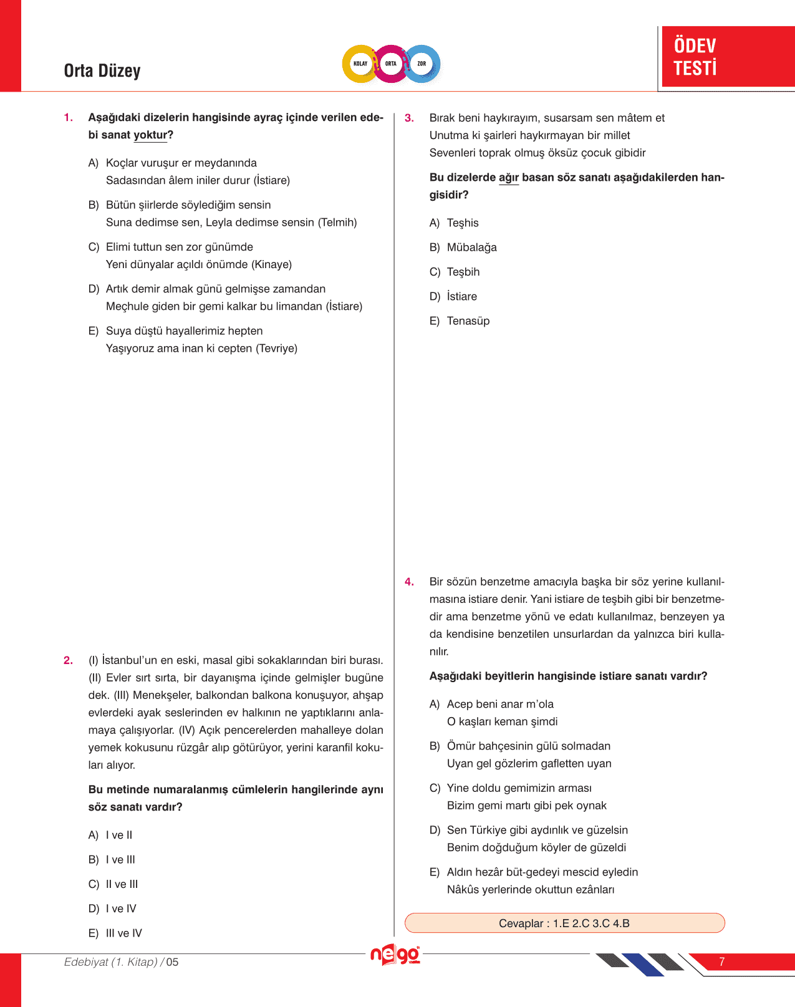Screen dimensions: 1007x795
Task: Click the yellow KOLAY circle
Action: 360,64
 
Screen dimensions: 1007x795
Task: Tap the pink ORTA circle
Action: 391,64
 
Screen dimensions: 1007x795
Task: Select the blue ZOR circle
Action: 422,64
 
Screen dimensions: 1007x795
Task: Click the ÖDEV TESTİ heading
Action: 695,56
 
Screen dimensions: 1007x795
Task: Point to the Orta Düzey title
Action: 102,71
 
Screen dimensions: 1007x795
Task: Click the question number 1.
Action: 69,117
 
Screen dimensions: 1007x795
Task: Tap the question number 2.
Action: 69,660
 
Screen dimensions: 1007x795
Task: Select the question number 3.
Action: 409,118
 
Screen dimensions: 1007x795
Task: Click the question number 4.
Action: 409,582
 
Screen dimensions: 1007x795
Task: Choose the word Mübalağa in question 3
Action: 471,248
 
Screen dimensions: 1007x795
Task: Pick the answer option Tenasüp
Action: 468,321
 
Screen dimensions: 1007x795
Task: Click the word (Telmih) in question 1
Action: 337,223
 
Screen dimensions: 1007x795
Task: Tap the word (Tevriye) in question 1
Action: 276,349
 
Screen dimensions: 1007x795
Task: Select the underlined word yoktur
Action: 150,135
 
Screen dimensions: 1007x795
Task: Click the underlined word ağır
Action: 509,178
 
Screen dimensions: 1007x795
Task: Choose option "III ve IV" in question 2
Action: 123,933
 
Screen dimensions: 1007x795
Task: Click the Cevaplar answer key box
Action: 564,923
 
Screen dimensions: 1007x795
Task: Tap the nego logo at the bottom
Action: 395,955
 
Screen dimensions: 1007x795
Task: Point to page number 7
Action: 721,961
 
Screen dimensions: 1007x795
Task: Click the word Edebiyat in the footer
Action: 86,962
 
